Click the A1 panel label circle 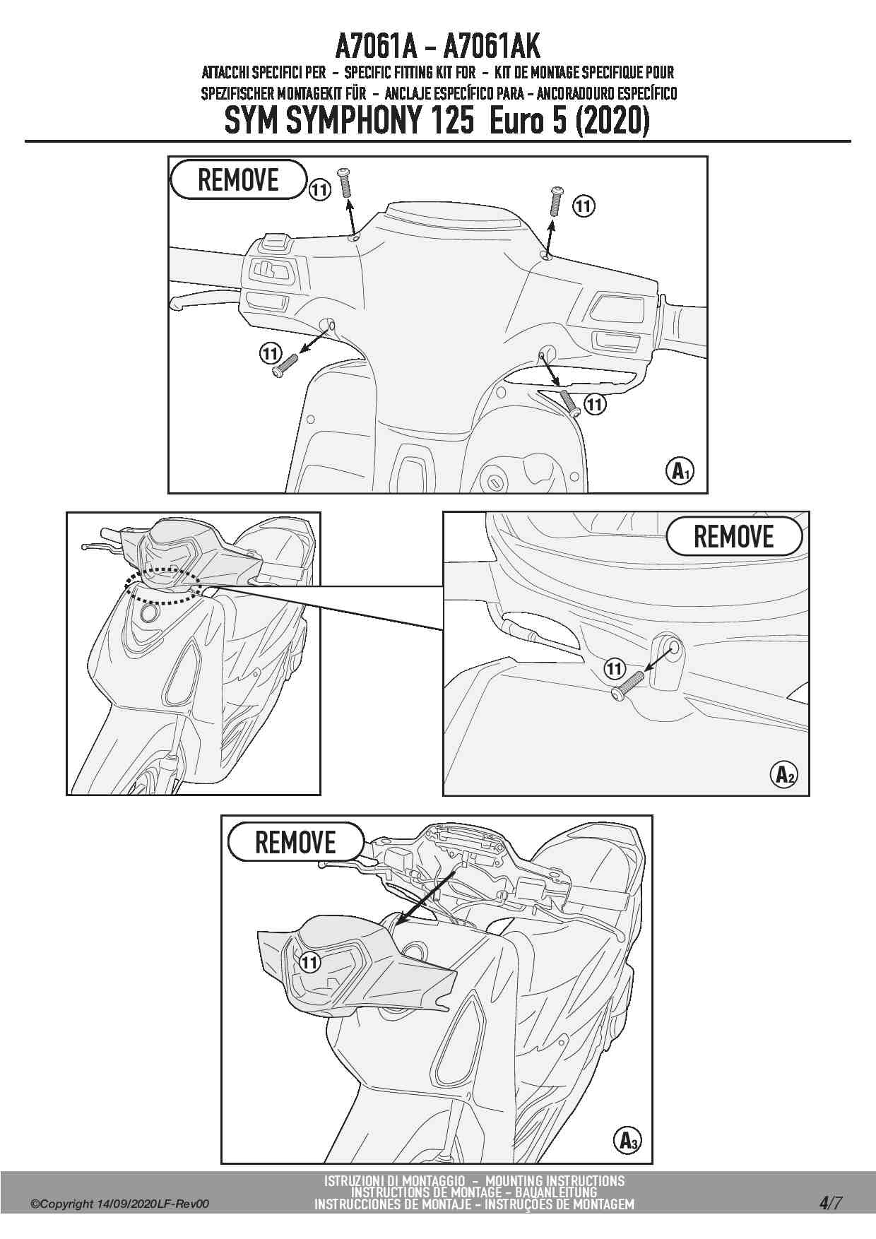[680, 470]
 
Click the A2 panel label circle [783, 774]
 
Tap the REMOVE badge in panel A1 [239, 179]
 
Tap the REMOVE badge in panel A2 [734, 537]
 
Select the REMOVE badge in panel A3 [296, 842]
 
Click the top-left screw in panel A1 [345, 184]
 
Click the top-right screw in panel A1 [557, 201]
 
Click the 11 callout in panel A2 [615, 668]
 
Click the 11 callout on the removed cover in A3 [309, 961]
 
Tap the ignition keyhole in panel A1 [494, 482]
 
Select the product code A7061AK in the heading [492, 47]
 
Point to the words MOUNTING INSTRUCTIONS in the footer [555, 1180]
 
